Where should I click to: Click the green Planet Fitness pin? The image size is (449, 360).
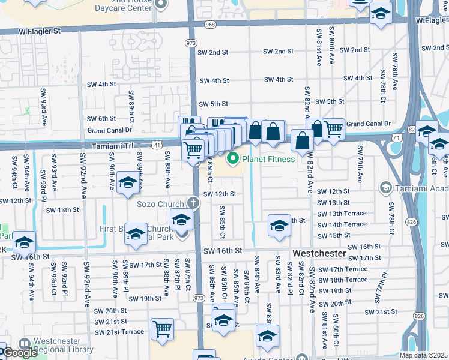click(232, 159)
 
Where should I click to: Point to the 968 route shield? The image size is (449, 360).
click(209, 25)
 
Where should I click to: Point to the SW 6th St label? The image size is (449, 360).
click(101, 119)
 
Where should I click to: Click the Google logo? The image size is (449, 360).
click(19, 353)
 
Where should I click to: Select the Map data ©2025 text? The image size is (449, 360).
click(424, 355)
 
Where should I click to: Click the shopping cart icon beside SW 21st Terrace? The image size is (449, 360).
click(162, 329)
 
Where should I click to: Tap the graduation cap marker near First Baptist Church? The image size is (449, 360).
click(136, 233)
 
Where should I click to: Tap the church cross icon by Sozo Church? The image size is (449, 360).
click(193, 203)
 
